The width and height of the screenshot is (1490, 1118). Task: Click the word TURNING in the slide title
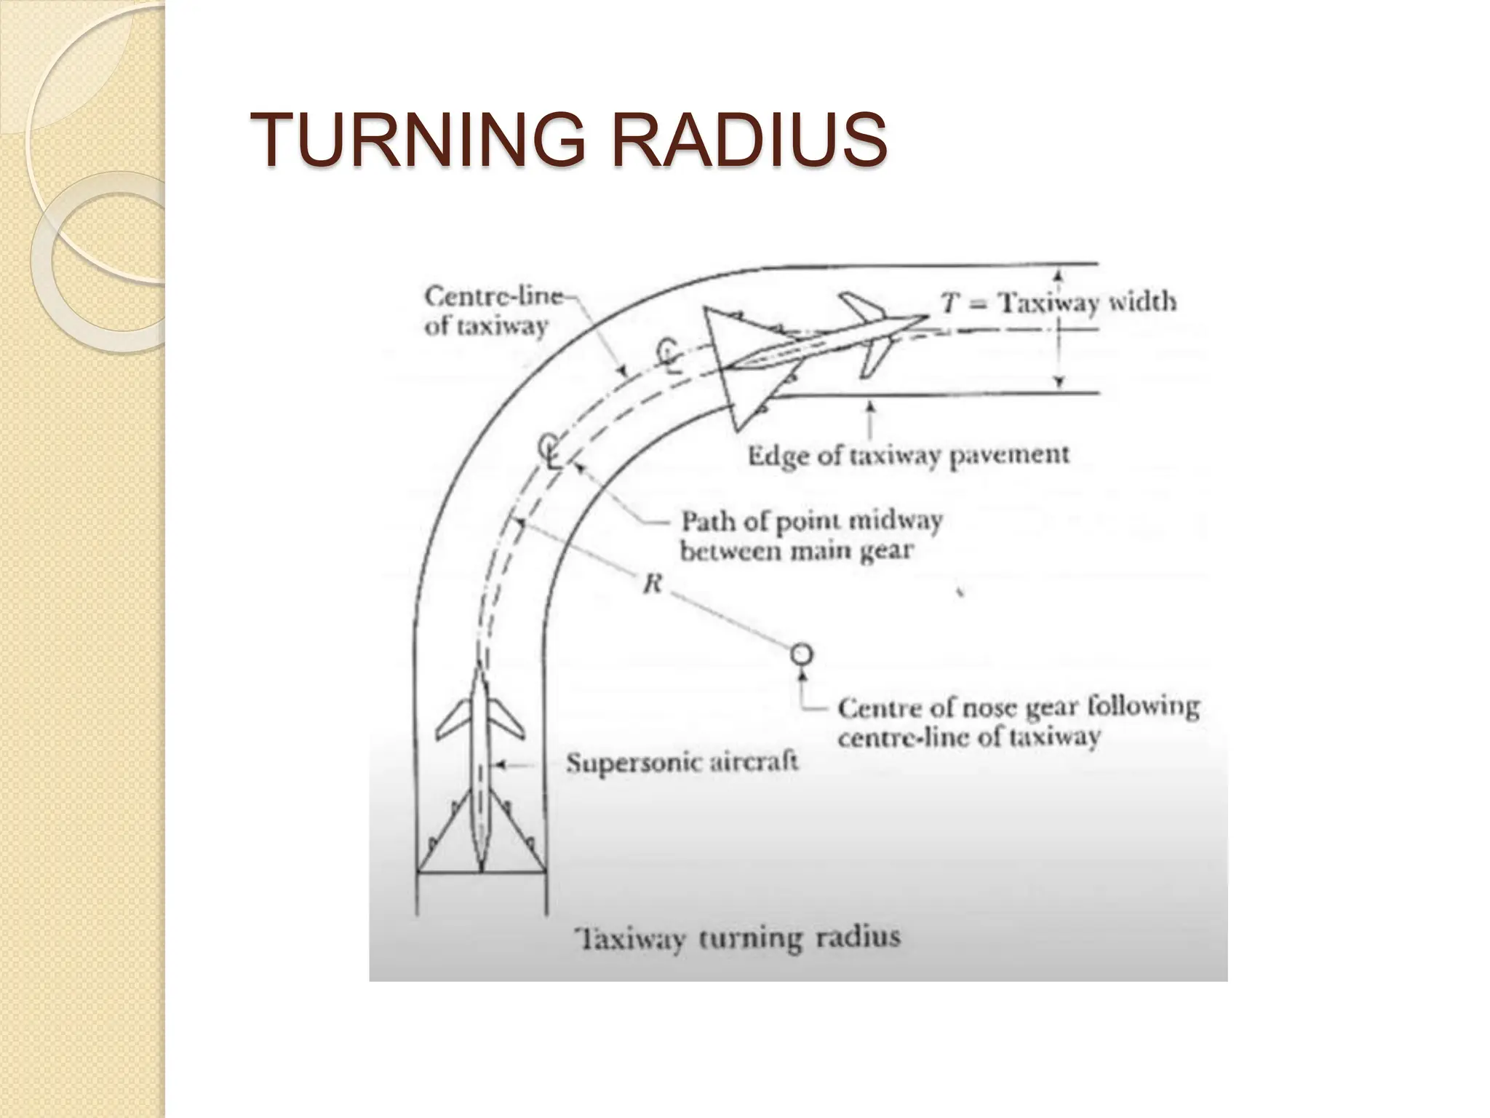coord(418,138)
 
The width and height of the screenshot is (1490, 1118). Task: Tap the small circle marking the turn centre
coord(802,654)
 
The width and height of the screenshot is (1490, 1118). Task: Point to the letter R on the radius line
coord(652,583)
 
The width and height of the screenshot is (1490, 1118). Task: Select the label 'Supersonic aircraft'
coord(682,763)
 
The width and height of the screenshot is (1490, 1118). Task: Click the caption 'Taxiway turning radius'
coord(737,937)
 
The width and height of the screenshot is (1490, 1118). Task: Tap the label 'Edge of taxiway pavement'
coord(909,456)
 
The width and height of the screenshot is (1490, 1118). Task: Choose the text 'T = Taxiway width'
coord(1059,302)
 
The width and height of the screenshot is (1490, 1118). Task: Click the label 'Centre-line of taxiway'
coord(495,312)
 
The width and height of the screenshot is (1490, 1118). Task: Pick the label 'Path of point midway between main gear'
coord(811,536)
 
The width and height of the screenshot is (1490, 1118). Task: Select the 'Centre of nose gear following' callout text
coord(1018,707)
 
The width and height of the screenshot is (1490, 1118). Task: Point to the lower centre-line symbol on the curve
coord(551,451)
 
